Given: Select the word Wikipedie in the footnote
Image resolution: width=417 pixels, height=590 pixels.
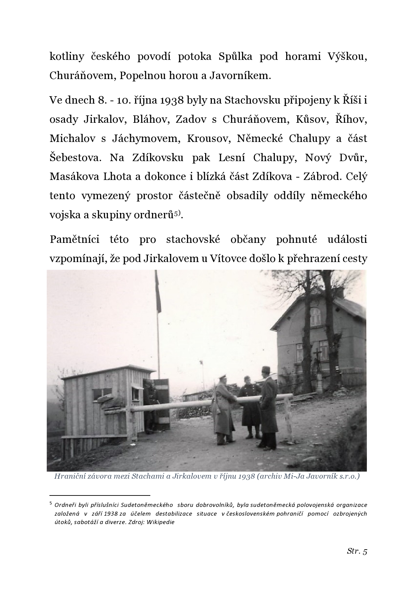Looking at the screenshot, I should coord(161,522).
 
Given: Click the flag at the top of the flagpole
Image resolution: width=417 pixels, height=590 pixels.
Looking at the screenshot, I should coord(158,293).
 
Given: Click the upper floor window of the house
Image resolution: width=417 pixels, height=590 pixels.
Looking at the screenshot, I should coord(315,316).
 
